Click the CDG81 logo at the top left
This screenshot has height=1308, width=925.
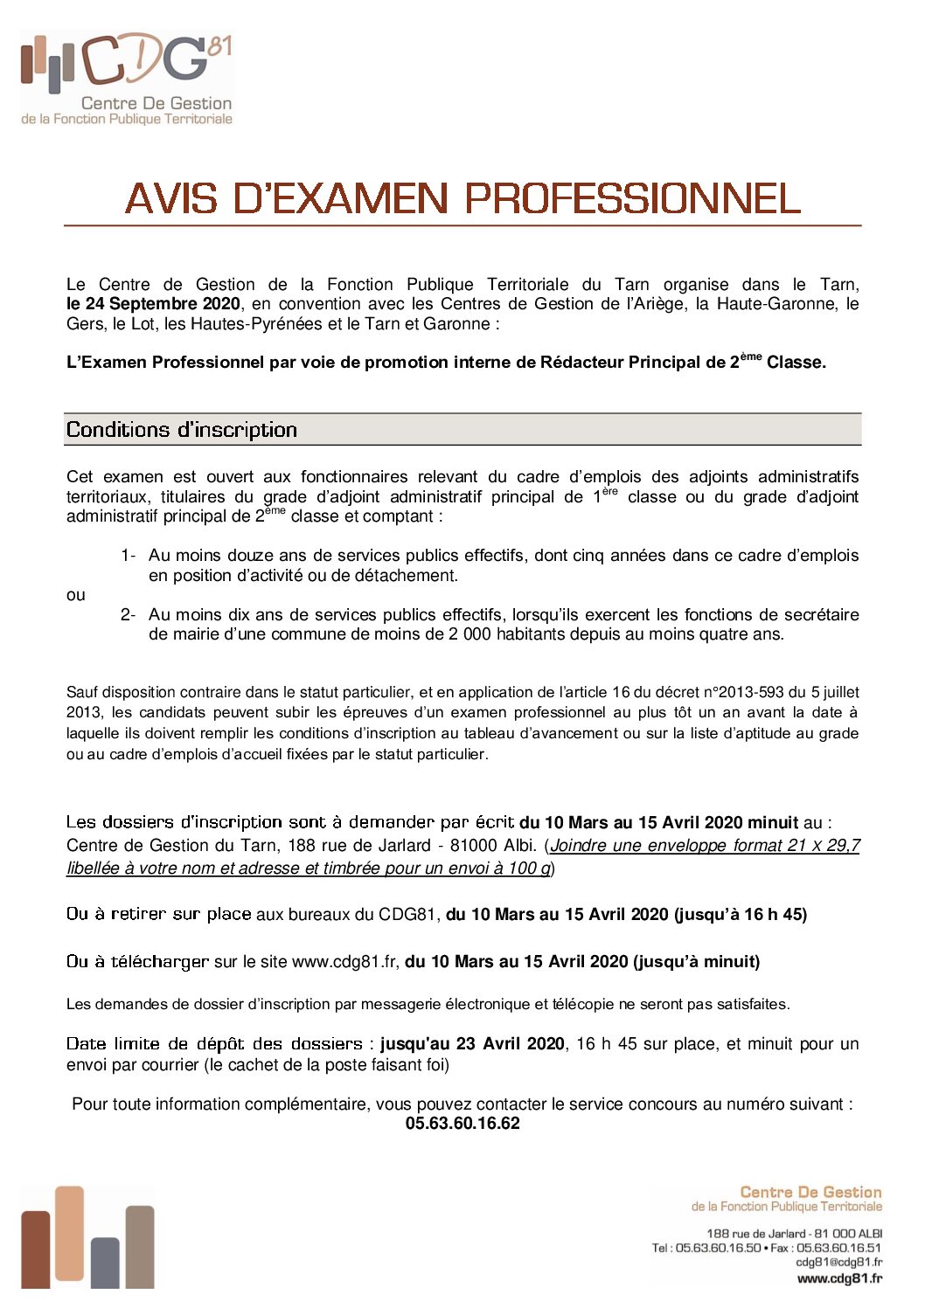click(127, 79)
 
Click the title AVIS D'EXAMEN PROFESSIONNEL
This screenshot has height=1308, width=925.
click(462, 199)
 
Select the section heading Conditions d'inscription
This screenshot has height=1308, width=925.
click(182, 430)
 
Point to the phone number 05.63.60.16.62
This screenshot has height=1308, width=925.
click(462, 1124)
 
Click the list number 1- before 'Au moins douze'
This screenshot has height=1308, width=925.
click(128, 556)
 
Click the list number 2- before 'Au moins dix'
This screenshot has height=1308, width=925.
click(128, 615)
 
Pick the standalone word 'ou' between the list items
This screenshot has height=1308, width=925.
click(76, 595)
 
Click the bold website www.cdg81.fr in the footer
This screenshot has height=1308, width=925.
click(839, 1279)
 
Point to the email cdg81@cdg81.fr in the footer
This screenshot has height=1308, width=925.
click(838, 1263)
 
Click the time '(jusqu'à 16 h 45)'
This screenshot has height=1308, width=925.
click(740, 915)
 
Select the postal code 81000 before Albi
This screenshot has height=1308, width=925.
click(476, 846)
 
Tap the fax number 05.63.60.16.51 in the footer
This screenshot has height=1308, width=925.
click(838, 1248)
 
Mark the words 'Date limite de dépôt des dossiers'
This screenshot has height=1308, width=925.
click(214, 1044)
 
